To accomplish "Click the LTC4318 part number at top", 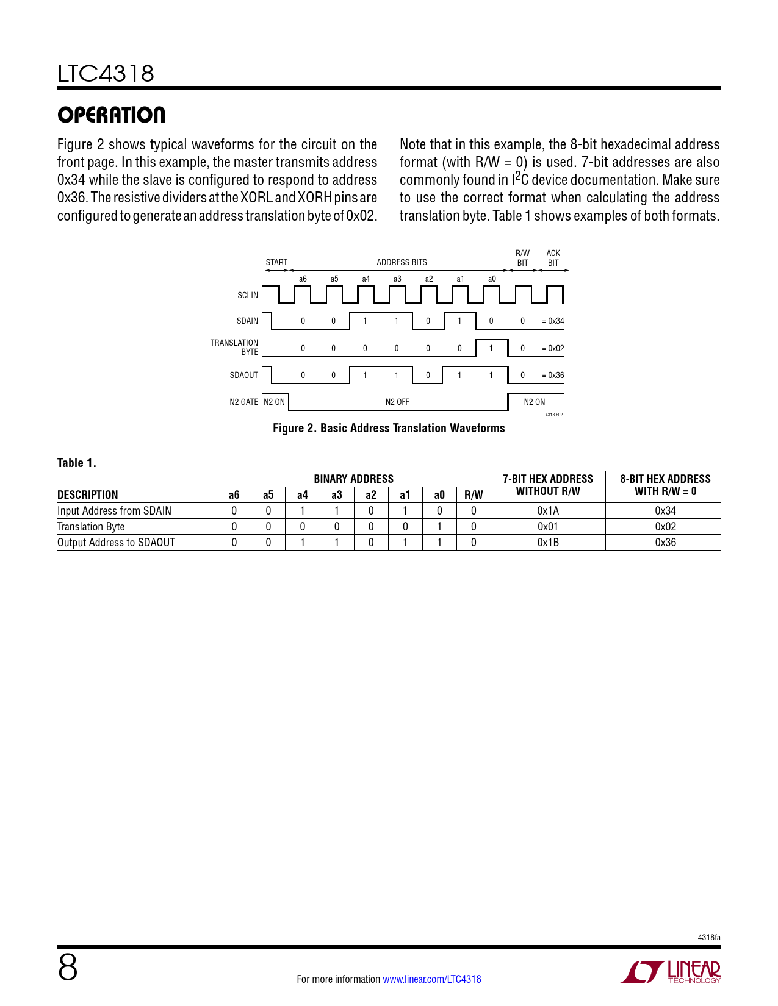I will tap(106, 74).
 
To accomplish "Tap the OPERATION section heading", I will tap(111, 115).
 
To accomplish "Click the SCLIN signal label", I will tap(248, 295).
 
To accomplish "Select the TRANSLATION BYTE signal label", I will tap(235, 348).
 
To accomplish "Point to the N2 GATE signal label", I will tap(243, 402).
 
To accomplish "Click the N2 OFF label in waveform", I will tap(397, 402).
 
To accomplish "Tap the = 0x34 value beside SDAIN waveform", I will tap(553, 321).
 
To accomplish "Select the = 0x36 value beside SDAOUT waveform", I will tap(553, 375).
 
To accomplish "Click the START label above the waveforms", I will tap(276, 262).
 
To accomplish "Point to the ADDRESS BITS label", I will tap(402, 262).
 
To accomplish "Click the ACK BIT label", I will tap(553, 258).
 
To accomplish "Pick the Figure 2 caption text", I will tap(389, 428).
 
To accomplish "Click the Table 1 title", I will tap(77, 463).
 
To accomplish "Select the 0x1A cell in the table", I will tap(548, 511).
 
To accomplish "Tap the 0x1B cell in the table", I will tap(548, 543).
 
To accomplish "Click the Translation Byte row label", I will tap(91, 527).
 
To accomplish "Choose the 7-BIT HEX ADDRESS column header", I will tap(548, 485).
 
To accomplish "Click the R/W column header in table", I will tap(474, 495).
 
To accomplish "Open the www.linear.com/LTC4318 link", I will tap(431, 979).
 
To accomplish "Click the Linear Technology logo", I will tap(671, 972).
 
